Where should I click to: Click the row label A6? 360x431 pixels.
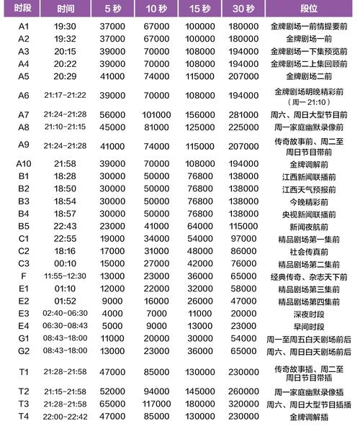pyautogui.click(x=23, y=95)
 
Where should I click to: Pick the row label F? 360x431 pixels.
pyautogui.click(x=23, y=276)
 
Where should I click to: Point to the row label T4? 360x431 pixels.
pyautogui.click(x=23, y=415)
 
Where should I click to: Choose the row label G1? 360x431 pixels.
pyautogui.click(x=23, y=337)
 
